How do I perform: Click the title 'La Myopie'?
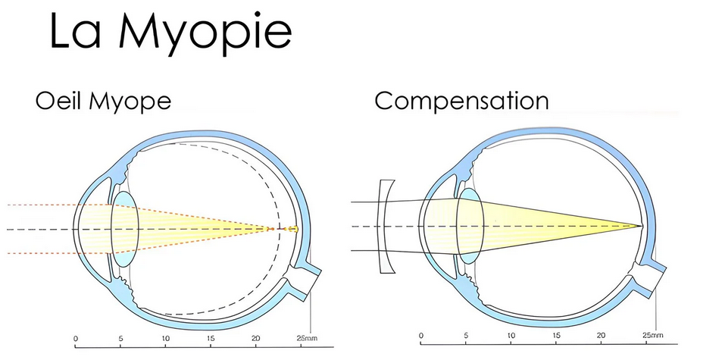coord(170,33)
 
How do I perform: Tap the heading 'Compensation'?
coord(461,102)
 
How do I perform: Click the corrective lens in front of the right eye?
coord(386,227)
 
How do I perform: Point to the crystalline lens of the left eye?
coord(125,229)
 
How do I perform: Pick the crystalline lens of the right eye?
coord(470,226)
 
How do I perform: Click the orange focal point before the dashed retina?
coord(272,229)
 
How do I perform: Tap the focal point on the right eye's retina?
coord(640,226)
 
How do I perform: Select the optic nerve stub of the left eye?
coord(307,281)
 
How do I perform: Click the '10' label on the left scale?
coord(166,338)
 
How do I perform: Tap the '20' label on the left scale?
coord(256,338)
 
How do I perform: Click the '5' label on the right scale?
coord(466,335)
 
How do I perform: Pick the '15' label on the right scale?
coord(556,335)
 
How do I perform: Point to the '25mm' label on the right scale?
coord(652,335)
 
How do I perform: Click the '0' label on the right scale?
coord(421,335)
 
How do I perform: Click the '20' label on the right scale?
coord(601,335)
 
